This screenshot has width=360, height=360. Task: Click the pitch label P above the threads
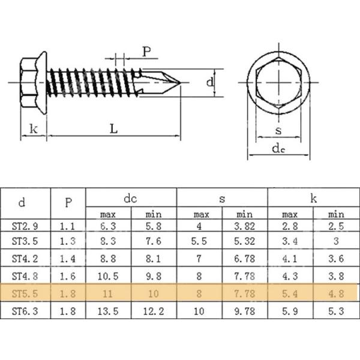pos(146,51)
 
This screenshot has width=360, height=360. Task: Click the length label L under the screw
pos(113,128)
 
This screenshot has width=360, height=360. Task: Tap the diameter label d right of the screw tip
pos(210,82)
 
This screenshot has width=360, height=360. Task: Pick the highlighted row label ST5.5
pos(25,294)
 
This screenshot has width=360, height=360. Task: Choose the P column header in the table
pos(68,203)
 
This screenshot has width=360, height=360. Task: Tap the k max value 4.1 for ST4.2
pos(289,260)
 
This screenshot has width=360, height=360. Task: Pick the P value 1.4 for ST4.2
pos(68,260)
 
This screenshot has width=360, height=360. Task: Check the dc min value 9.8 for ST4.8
pos(154,277)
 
